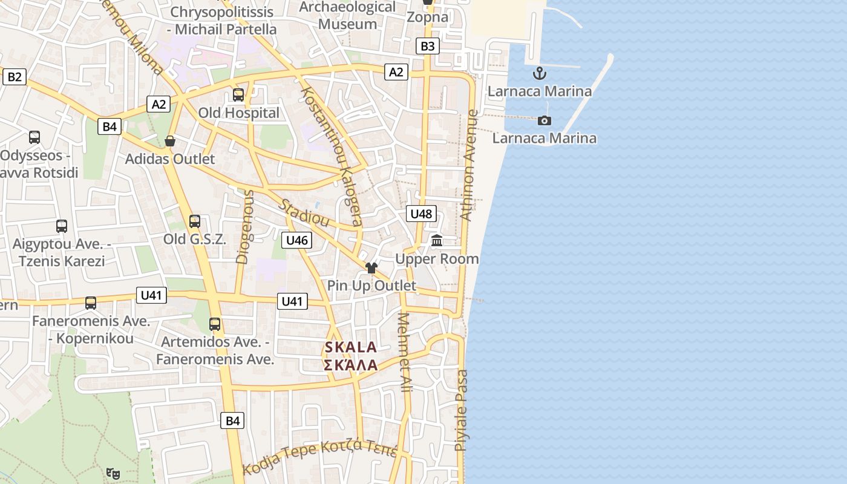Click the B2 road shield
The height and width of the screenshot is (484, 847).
pos(15,77)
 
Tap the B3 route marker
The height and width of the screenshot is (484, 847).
pos(427,46)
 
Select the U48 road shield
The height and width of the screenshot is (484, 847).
pos(421,214)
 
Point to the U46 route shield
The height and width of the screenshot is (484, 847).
pos(297,240)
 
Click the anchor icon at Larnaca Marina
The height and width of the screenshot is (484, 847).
pos(539,74)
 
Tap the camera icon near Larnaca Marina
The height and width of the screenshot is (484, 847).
pos(544,120)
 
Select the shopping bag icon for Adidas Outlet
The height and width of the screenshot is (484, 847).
pos(170,141)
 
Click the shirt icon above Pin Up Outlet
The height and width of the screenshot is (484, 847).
pos(371,267)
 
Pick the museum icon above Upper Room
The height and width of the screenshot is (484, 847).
pos(437,241)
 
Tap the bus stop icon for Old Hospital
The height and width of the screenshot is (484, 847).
pos(238,95)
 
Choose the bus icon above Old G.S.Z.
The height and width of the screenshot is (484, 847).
pos(195,221)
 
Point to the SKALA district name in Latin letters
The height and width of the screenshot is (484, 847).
pos(351,347)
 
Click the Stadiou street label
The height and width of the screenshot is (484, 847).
pos(304,212)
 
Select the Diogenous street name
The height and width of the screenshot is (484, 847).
pos(244,227)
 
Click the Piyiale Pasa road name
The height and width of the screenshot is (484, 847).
pos(461,410)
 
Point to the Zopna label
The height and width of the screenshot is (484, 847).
pos(427,17)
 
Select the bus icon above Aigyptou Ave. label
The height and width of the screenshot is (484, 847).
pos(62,226)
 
